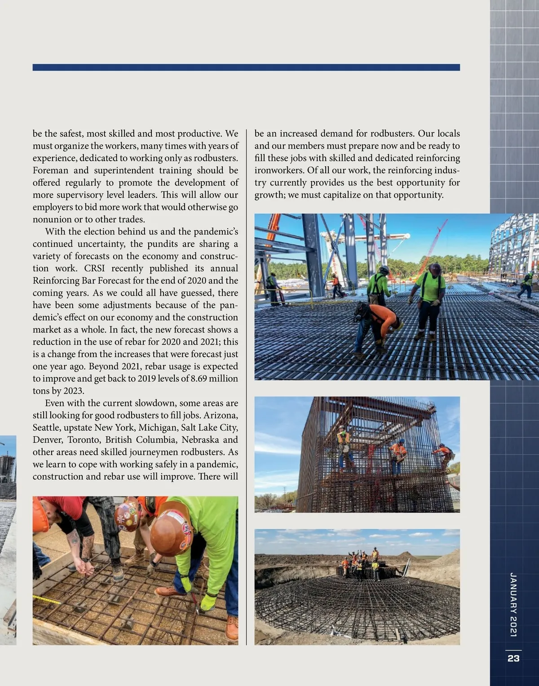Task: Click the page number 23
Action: click(513, 658)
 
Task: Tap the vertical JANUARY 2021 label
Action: click(514, 604)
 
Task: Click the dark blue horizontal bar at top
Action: click(246, 67)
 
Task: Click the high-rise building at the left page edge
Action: click(8, 467)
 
